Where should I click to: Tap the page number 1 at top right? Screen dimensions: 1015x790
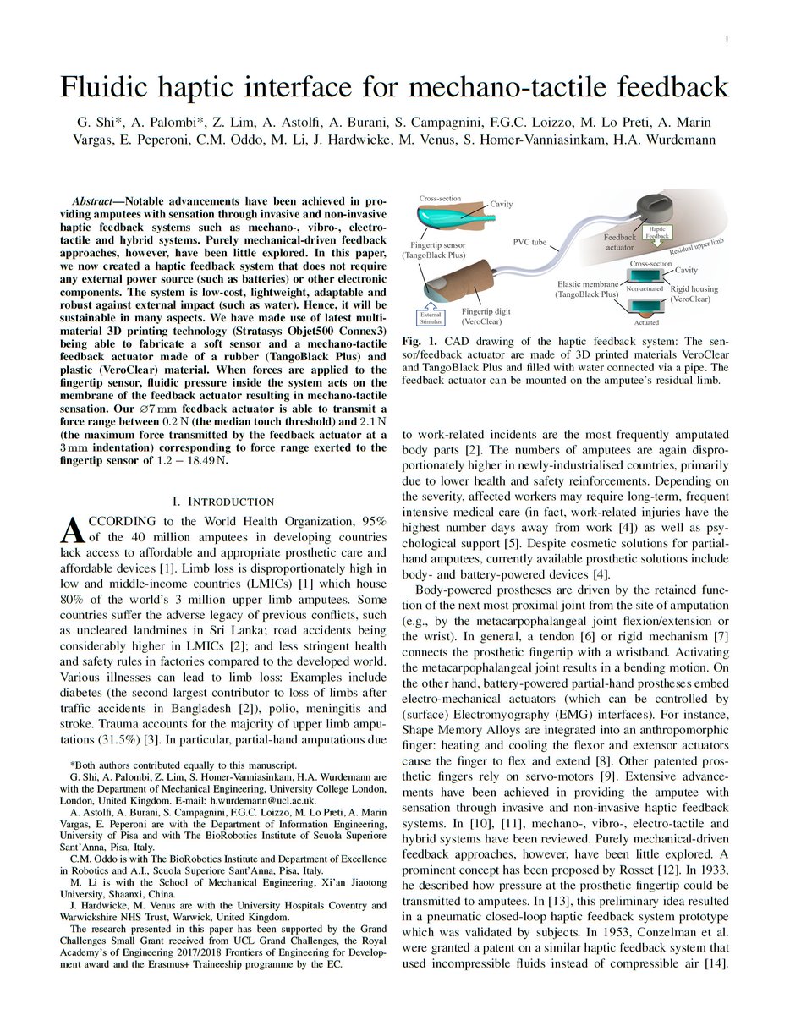(726, 40)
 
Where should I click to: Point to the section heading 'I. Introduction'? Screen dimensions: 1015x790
(224, 502)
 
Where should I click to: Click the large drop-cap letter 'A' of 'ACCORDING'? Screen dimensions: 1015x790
(74, 530)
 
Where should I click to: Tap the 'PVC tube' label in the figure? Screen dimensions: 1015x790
(530, 243)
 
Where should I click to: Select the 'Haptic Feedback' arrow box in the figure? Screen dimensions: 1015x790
(656, 233)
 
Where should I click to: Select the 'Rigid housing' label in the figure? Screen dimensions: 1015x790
(696, 288)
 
